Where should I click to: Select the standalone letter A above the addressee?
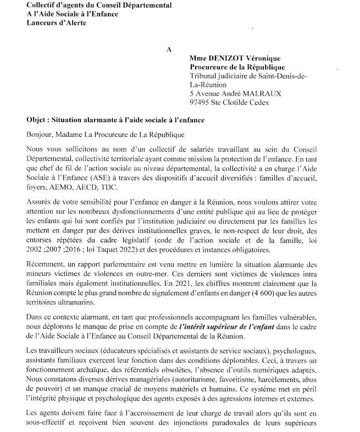169,49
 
